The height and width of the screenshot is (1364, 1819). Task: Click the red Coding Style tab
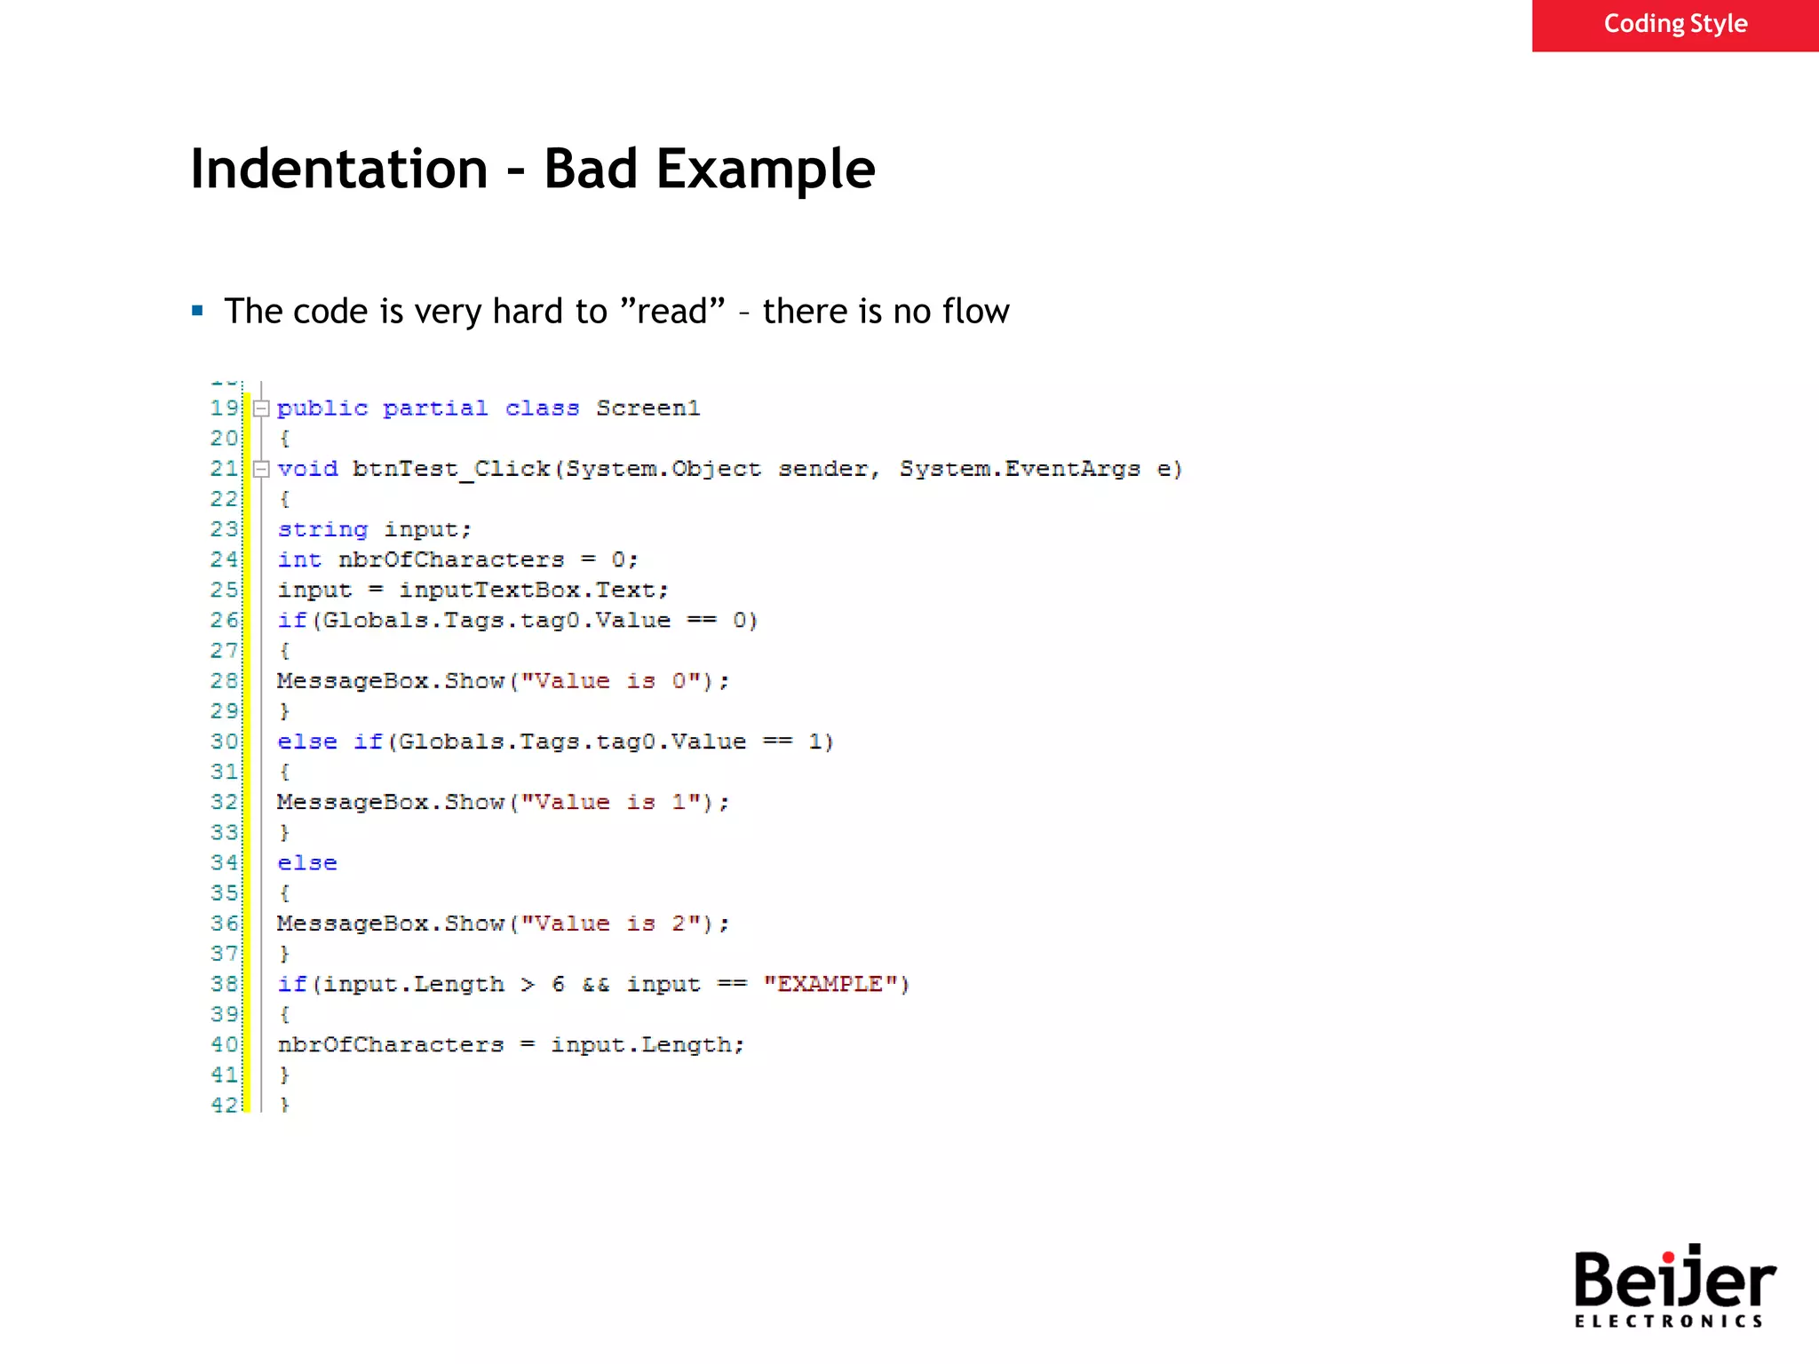[1674, 25]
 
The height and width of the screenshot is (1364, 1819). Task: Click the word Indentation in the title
[339, 169]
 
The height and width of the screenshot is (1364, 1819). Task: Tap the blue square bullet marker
[197, 311]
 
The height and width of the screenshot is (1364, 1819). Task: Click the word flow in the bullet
[975, 312]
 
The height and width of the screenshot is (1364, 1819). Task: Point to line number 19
[225, 408]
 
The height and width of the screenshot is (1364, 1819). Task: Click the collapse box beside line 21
[261, 469]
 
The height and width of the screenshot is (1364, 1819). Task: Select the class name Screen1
[647, 408]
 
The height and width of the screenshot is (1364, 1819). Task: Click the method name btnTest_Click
[450, 469]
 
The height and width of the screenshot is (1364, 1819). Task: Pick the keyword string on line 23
[322, 529]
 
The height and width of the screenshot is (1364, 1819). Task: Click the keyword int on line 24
[299, 559]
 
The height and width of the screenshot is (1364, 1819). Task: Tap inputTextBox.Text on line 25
[533, 590]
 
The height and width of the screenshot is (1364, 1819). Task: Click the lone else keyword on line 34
[307, 862]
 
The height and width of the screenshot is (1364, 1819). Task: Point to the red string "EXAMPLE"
[836, 984]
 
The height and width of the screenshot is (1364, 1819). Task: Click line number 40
[225, 1044]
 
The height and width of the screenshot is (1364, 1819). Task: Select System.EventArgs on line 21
[1020, 469]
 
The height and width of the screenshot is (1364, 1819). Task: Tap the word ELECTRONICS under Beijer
[1668, 1321]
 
